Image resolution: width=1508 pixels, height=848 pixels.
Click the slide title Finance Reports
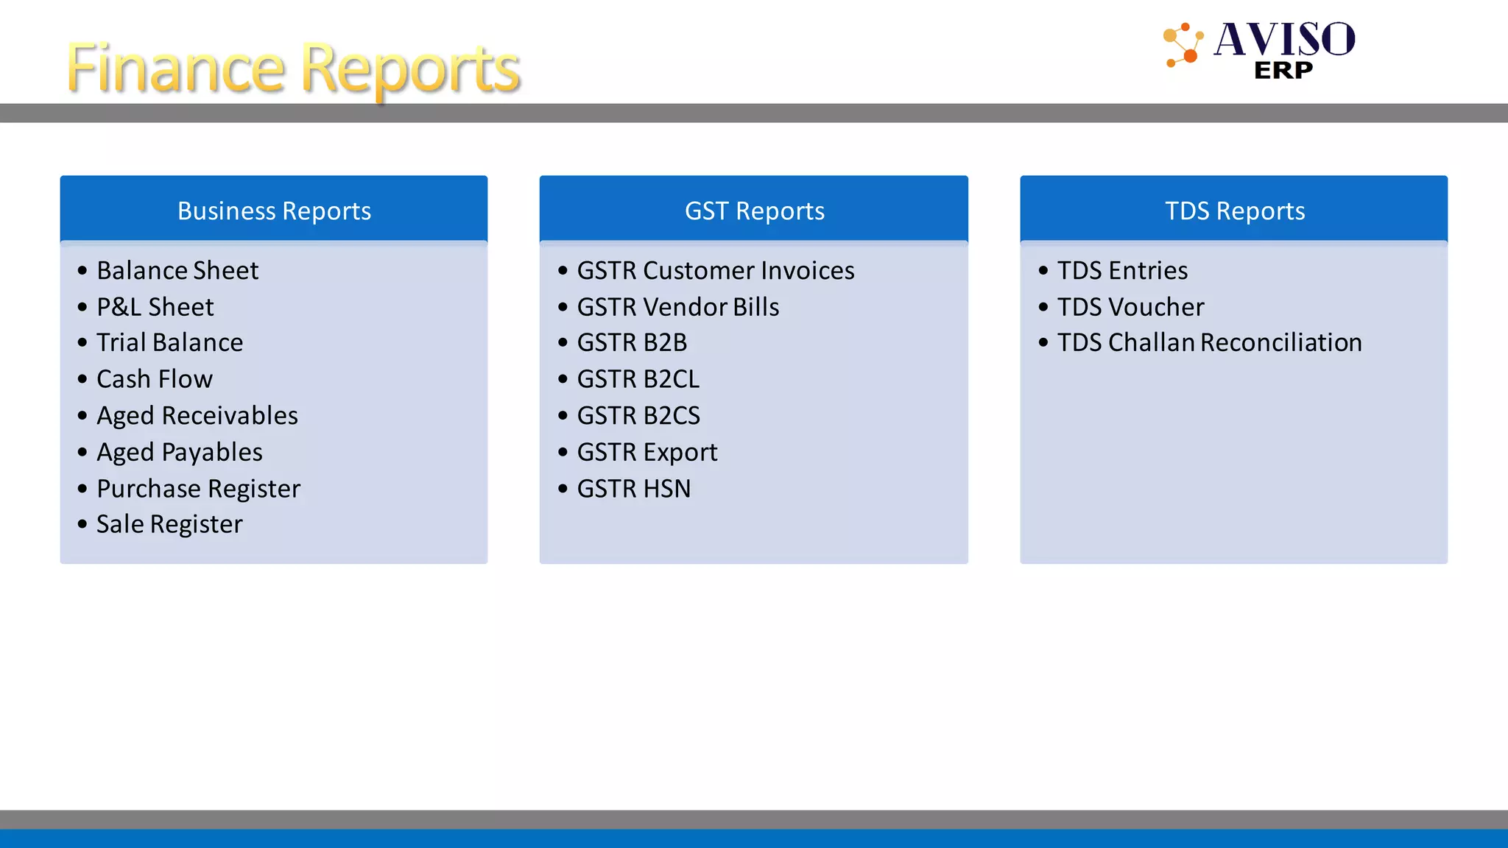(x=293, y=68)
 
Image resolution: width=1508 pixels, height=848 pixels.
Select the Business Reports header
(x=274, y=211)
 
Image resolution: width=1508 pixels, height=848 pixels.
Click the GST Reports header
(x=754, y=211)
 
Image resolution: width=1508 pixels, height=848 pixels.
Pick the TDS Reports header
(x=1234, y=211)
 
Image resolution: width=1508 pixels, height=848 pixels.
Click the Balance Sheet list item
(x=177, y=270)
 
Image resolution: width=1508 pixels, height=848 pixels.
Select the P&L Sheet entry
(x=155, y=307)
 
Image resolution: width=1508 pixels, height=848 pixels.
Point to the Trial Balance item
(x=169, y=342)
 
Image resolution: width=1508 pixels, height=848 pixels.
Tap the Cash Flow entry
(x=155, y=379)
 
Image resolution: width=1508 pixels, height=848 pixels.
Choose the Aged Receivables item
(x=197, y=416)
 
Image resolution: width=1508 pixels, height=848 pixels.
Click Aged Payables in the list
(x=180, y=452)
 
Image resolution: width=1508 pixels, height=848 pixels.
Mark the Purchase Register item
(x=199, y=489)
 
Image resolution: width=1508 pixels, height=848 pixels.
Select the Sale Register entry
(x=169, y=524)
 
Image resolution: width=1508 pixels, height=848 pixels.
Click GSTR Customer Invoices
(x=716, y=270)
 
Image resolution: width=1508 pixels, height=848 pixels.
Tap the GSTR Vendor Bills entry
(x=678, y=307)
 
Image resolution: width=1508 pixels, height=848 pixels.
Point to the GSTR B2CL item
(x=638, y=379)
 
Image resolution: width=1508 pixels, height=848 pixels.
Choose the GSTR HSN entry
(x=634, y=489)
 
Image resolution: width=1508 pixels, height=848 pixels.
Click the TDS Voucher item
(x=1130, y=307)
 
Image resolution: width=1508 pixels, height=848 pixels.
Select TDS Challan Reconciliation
(x=1210, y=342)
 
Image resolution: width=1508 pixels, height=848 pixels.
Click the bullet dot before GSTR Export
(x=563, y=452)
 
